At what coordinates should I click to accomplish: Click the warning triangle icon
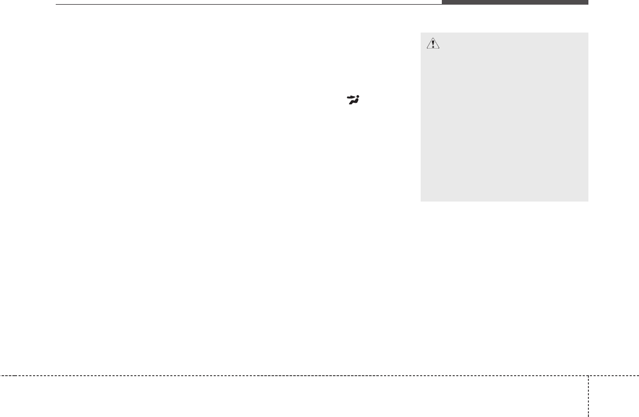[x=433, y=44]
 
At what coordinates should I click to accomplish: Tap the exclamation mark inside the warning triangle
[x=433, y=45]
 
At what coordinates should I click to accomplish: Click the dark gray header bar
[x=515, y=2]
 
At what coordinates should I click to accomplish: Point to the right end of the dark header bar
[x=588, y=2]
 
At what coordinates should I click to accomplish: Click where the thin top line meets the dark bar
[x=442, y=4]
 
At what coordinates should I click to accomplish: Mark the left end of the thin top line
[x=56, y=5]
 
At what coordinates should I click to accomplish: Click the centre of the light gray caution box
[x=504, y=117]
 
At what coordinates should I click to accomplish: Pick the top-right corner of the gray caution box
[x=588, y=33]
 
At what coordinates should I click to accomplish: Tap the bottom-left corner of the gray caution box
[x=421, y=200]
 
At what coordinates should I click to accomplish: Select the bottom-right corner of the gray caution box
[x=588, y=200]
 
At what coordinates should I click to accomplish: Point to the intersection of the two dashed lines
[x=588, y=375]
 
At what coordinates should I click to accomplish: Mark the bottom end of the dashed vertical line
[x=588, y=416]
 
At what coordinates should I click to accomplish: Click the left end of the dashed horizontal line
[x=1, y=375]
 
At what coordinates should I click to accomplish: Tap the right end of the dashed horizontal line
[x=638, y=375]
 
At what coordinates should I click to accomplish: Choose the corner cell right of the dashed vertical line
[x=614, y=396]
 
